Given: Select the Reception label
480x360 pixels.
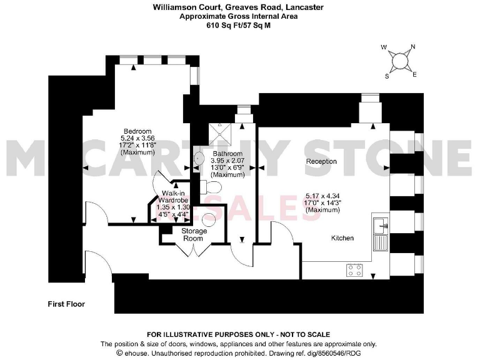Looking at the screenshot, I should click(x=321, y=162).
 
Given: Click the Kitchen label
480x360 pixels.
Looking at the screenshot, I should click(x=342, y=238).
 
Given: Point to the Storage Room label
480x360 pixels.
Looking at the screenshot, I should click(x=194, y=234).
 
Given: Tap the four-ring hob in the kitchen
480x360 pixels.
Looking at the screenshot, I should click(x=355, y=270).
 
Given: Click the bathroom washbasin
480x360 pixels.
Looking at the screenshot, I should click(x=199, y=159).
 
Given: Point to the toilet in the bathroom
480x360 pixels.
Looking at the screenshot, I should click(x=207, y=184).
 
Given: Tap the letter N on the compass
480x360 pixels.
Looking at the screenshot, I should click(x=412, y=47).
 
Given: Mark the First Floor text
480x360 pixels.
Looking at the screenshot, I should click(x=66, y=304).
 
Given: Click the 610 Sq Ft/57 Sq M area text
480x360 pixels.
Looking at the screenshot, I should click(x=239, y=26).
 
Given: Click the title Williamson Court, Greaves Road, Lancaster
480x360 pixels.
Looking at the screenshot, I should click(x=239, y=7).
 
